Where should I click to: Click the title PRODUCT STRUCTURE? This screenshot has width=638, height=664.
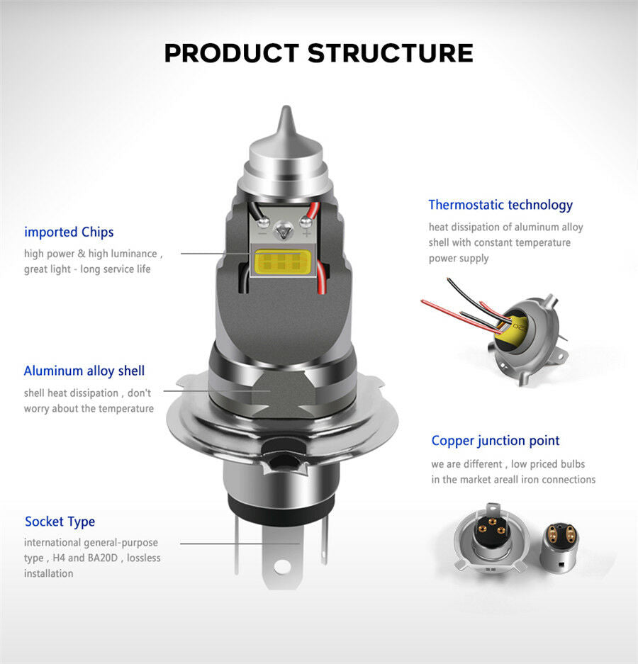tap(318, 53)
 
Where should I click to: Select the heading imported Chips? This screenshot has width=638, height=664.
tap(69, 232)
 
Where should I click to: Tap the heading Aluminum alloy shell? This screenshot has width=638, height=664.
tap(84, 371)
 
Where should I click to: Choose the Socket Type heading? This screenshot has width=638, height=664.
tap(60, 522)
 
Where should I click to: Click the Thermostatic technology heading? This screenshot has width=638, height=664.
tap(500, 205)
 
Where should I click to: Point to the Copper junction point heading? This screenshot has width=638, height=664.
tap(496, 441)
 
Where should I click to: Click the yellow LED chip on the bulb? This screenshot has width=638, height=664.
tap(283, 261)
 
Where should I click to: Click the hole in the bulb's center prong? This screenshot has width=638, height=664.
tap(281, 566)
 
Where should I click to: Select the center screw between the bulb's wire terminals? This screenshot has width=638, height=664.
tap(281, 230)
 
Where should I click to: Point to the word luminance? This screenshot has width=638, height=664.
tap(134, 254)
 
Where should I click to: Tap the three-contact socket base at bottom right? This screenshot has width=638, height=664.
tap(491, 538)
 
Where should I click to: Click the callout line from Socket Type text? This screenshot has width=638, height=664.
tap(240, 544)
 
